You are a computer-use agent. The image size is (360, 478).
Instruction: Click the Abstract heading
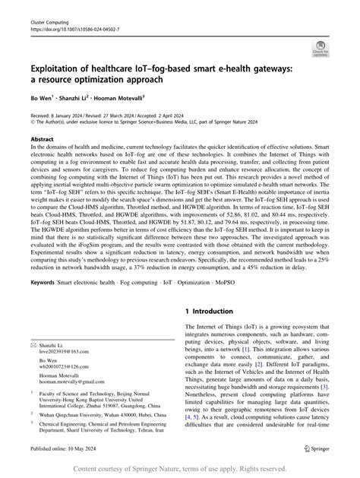(x=42, y=140)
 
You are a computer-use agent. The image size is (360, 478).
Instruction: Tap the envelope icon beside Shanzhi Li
(x=33, y=344)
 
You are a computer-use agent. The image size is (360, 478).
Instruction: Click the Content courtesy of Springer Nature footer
(x=180, y=469)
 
